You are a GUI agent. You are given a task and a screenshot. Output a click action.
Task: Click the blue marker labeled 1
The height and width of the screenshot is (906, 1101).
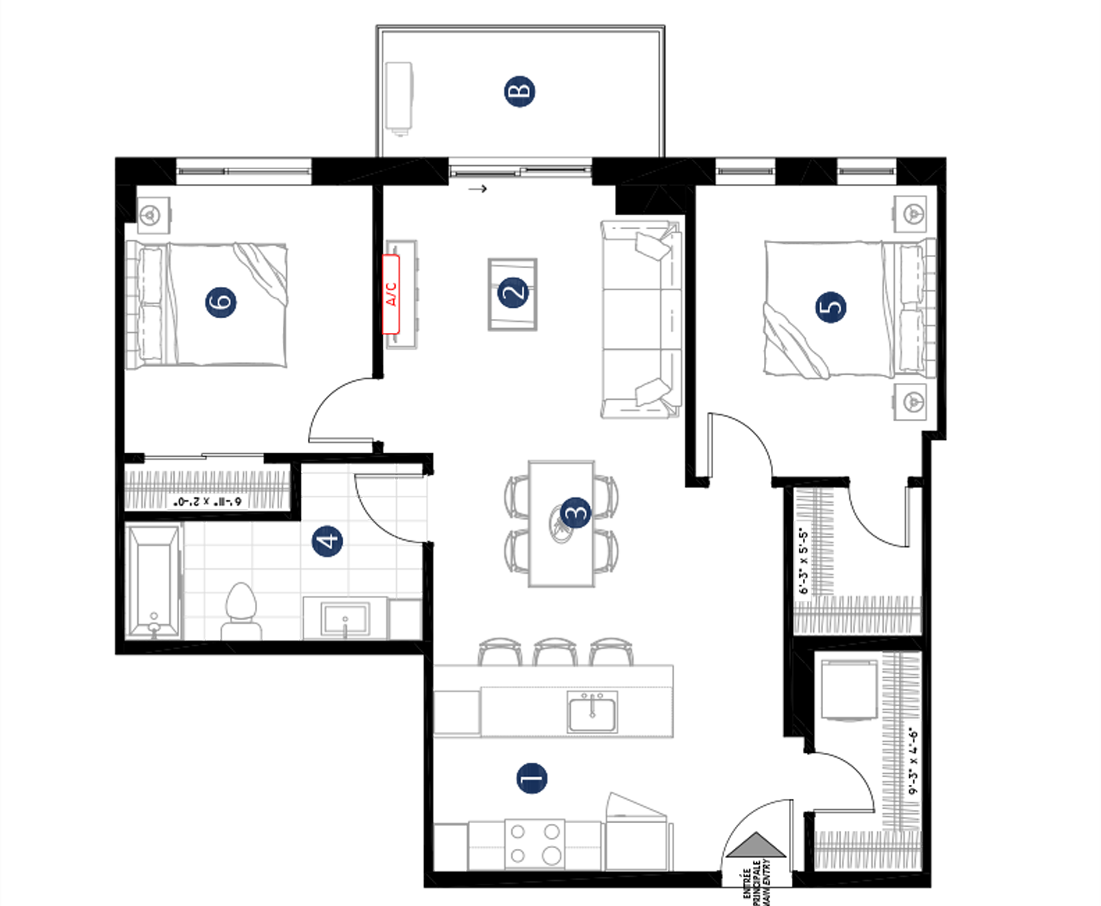click(x=531, y=779)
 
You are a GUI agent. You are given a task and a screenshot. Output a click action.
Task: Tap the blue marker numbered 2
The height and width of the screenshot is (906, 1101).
click(x=513, y=293)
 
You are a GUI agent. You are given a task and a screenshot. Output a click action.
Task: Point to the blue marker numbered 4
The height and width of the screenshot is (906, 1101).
click(x=325, y=542)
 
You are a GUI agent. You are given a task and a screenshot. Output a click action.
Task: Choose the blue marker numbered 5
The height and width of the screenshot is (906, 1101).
click(x=829, y=306)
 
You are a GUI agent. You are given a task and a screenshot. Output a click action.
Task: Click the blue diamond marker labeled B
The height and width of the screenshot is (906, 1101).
click(x=526, y=93)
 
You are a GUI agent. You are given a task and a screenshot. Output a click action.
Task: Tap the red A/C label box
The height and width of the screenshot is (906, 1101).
click(x=391, y=294)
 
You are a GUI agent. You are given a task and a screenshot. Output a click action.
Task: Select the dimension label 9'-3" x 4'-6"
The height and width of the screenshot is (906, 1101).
click(x=912, y=760)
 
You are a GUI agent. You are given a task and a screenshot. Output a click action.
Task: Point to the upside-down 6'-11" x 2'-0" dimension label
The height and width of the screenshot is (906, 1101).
click(x=208, y=501)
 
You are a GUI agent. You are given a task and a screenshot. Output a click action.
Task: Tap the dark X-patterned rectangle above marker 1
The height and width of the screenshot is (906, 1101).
click(x=577, y=706)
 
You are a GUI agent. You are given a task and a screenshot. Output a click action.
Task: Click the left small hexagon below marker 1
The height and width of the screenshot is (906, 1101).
click(x=486, y=847)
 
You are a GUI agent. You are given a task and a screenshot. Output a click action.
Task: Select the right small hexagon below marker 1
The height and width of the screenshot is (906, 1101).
click(x=583, y=847)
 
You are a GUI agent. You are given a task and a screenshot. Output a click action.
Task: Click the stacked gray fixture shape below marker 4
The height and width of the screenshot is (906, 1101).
click(x=240, y=609)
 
